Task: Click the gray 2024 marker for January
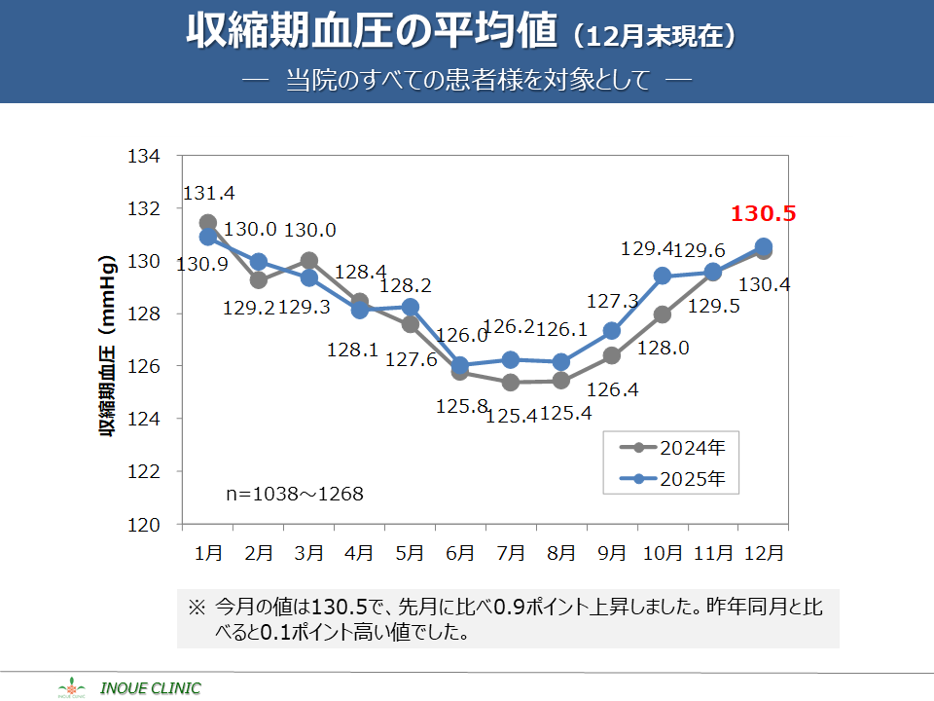click(x=208, y=223)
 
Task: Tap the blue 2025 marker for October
click(x=663, y=276)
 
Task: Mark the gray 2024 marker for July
click(x=511, y=383)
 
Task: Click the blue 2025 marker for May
click(x=410, y=308)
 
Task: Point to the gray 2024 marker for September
click(x=612, y=355)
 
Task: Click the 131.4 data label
click(x=208, y=194)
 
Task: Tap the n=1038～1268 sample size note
click(x=294, y=495)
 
